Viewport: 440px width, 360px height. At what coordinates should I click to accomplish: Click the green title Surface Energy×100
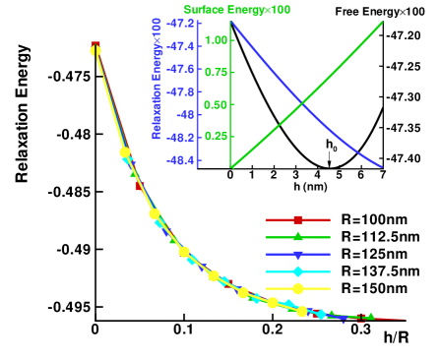click(236, 10)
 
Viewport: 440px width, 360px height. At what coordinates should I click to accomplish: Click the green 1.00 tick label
click(216, 40)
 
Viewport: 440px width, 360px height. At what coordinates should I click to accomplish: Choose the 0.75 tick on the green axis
click(216, 73)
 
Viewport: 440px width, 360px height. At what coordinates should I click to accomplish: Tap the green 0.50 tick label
click(216, 104)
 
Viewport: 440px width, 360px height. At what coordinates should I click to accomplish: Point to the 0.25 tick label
click(216, 137)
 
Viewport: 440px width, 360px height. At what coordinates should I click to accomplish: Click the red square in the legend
click(297, 219)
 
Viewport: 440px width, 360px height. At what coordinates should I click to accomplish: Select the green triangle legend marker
click(297, 236)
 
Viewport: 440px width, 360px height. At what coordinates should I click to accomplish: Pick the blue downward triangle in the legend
click(297, 255)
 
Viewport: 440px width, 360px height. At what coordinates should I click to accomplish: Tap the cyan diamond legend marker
click(297, 271)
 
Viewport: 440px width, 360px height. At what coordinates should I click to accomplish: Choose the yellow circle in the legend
click(297, 289)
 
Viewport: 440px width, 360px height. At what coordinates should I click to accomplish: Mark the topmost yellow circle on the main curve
click(95, 51)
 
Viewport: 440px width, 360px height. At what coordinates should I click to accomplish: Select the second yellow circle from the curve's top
click(125, 152)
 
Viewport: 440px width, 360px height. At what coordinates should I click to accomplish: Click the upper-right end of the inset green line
click(382, 22)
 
